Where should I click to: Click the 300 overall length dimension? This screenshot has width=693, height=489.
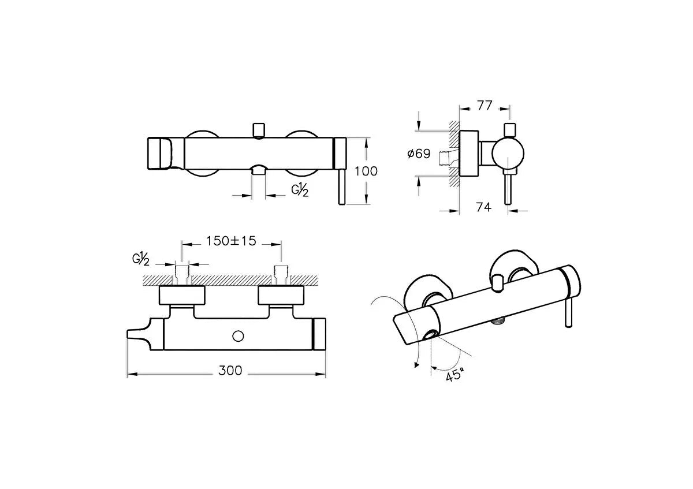[230, 371]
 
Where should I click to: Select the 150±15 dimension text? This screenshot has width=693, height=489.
[232, 241]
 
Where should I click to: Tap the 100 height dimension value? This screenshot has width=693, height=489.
[366, 171]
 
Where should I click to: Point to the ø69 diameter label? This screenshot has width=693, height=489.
[419, 154]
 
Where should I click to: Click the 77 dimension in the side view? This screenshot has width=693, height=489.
[485, 106]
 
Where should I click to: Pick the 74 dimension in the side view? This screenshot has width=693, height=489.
[483, 207]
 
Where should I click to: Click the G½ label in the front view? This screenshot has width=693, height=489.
[300, 189]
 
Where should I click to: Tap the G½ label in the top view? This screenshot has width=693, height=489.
[141, 259]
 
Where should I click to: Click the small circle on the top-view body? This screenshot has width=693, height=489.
[238, 336]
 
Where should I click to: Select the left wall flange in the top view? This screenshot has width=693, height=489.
[182, 295]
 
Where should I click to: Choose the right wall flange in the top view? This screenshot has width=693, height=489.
[281, 295]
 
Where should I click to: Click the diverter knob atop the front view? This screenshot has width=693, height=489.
[259, 130]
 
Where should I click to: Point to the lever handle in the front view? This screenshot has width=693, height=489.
[341, 187]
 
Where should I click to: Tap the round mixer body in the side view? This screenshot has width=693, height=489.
[508, 154]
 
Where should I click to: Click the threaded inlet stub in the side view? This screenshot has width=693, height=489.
[445, 158]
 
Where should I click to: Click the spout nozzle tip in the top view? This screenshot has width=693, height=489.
[132, 334]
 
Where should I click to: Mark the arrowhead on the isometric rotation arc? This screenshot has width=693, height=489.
[416, 365]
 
